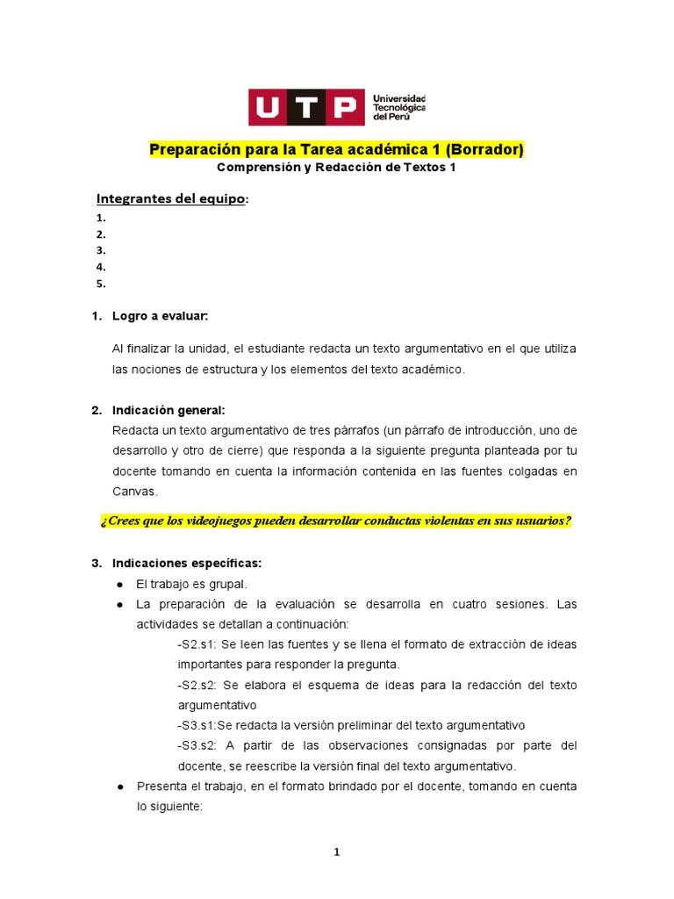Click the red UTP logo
pos(306,107)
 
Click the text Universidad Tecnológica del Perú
pos(398,107)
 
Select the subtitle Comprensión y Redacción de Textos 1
pos(336,168)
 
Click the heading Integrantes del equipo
pos(172,199)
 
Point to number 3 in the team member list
pos(101,250)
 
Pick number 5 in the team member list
pos(101,284)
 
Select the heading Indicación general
pos(168,410)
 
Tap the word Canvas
pos(133,492)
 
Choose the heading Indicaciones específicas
pos(186,563)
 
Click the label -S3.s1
pos(196,725)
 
